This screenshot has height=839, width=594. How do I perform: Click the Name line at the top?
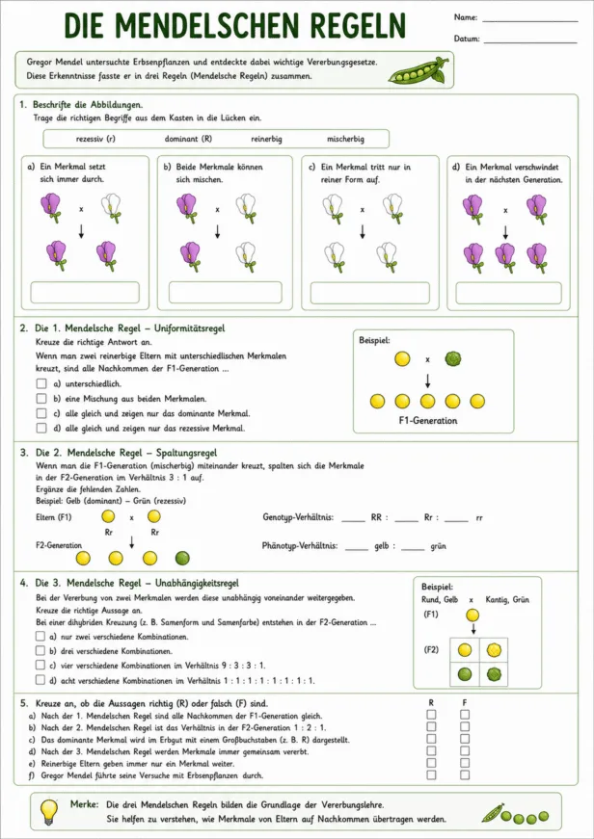tap(529, 22)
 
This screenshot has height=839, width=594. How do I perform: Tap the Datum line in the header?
tap(529, 42)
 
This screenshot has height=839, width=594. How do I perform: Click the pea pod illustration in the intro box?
tap(418, 70)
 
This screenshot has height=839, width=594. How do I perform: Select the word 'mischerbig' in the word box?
tap(345, 139)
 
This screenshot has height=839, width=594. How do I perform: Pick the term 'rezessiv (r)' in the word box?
tap(95, 139)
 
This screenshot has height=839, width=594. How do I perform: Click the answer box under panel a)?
tap(85, 292)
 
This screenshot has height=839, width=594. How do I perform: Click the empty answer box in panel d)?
tap(508, 293)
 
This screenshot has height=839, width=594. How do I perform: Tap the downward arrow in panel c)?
tap(362, 230)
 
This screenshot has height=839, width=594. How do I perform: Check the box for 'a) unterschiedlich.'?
tap(41, 383)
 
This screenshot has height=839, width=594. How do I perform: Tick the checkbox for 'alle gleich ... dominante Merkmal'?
tap(41, 413)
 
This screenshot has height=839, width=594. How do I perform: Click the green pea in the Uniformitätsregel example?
tap(453, 358)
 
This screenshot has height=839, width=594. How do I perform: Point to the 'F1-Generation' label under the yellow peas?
tap(428, 421)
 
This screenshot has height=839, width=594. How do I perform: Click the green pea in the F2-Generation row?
tap(182, 558)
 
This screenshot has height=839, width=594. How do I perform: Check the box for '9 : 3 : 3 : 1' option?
tap(40, 665)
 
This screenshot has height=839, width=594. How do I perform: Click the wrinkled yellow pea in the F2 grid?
tap(494, 650)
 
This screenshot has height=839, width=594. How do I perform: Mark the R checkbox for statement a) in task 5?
tap(431, 715)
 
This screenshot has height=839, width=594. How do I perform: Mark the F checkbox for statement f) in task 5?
tap(465, 774)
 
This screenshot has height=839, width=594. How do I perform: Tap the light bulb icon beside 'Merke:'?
tap(50, 809)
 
